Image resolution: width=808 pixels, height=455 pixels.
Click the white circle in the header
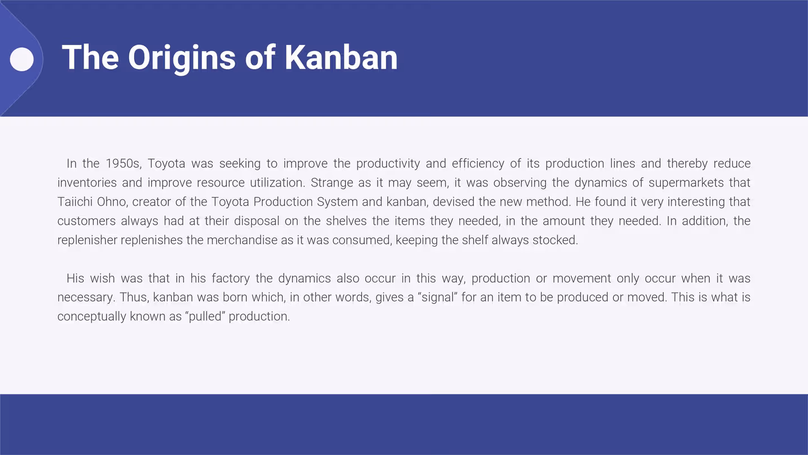22,59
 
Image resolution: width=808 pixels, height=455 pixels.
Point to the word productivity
388,163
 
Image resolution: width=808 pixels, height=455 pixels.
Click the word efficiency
478,163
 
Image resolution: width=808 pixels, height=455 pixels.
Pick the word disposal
256,221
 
